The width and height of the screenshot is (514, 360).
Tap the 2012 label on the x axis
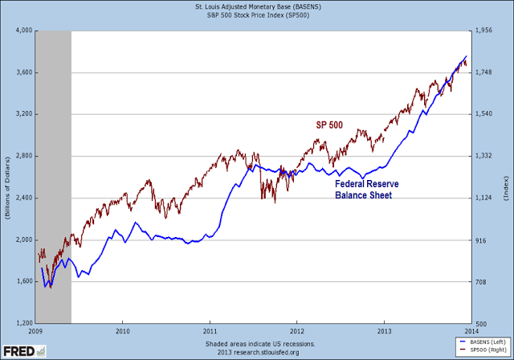tap(297, 329)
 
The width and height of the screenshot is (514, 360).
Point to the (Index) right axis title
tap(506, 177)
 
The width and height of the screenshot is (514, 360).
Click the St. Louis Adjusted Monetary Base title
tap(254, 7)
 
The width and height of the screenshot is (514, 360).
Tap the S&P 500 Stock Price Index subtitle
tap(254, 16)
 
